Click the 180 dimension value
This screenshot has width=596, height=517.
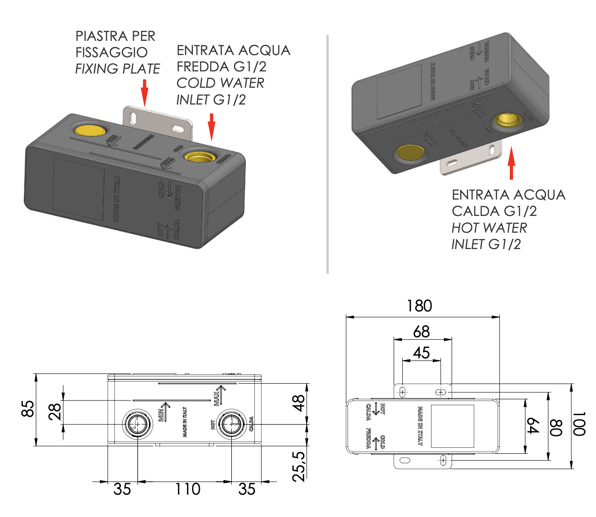pyautogui.click(x=419, y=306)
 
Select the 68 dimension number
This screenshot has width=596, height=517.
pyautogui.click(x=421, y=331)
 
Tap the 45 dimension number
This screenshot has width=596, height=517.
pyautogui.click(x=421, y=353)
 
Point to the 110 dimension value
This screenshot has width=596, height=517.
pyautogui.click(x=188, y=489)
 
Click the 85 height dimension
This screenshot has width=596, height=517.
pyautogui.click(x=28, y=409)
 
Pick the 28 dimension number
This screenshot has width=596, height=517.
pyautogui.click(x=55, y=412)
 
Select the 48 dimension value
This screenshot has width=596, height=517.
pyautogui.click(x=298, y=403)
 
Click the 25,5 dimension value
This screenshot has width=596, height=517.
pyautogui.click(x=298, y=466)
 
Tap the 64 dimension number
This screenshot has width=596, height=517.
pyautogui.click(x=533, y=426)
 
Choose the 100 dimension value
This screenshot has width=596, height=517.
pyautogui.click(x=579, y=424)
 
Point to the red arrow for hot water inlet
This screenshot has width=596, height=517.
pyautogui.click(x=511, y=163)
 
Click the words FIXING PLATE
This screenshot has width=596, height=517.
pyautogui.click(x=118, y=69)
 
